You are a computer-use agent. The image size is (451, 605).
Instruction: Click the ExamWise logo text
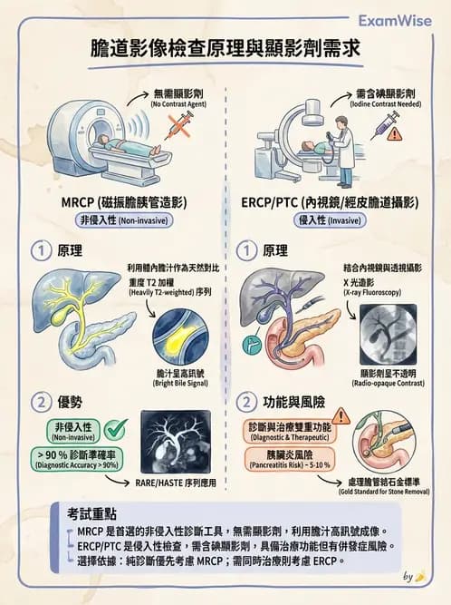[395, 19]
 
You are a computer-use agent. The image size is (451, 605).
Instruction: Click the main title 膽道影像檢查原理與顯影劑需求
[225, 49]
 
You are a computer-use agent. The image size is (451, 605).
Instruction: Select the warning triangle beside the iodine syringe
[396, 133]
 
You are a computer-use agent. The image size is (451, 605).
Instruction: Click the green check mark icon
[116, 428]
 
